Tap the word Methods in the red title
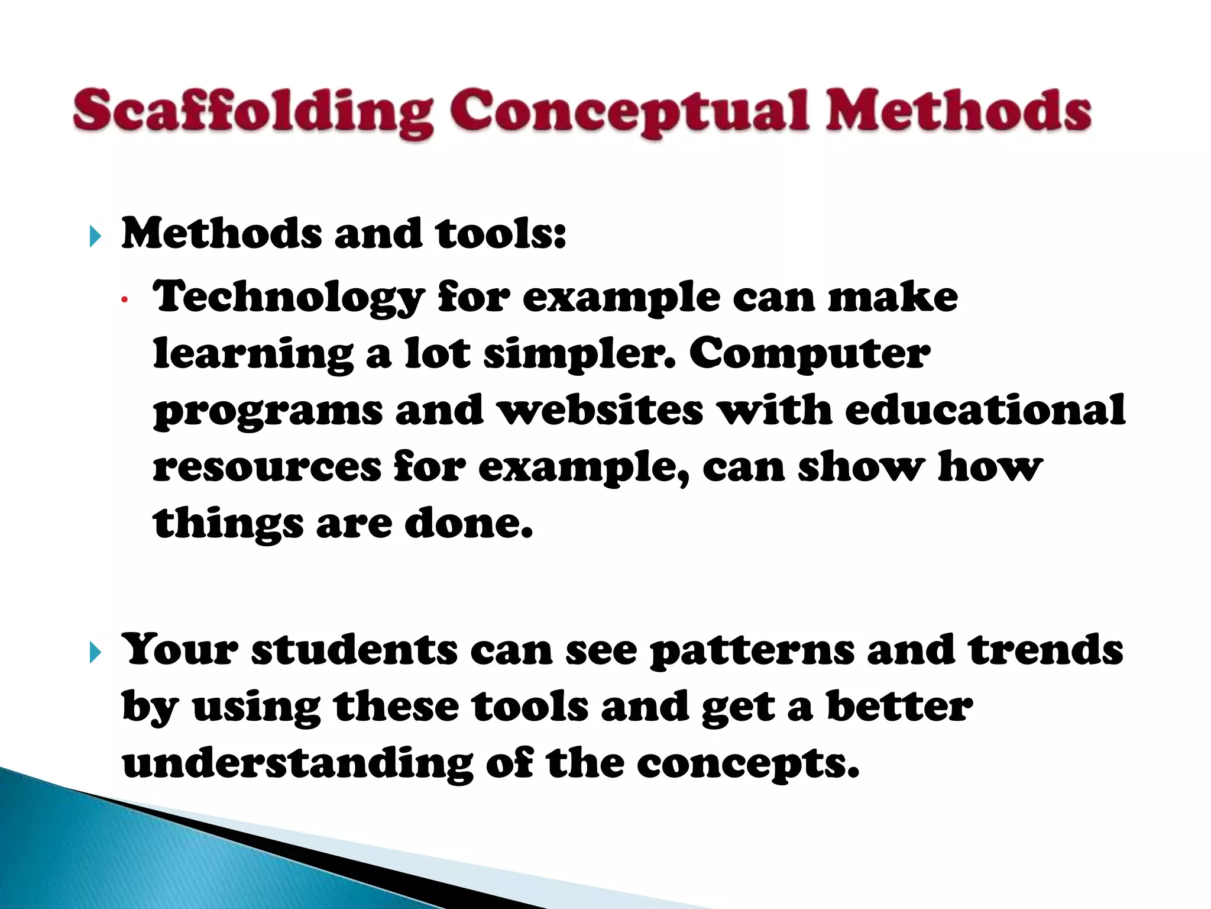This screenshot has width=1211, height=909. pyautogui.click(x=958, y=111)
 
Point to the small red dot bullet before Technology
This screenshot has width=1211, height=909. pyautogui.click(x=124, y=300)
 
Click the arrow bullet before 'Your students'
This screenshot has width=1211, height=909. pyautogui.click(x=95, y=653)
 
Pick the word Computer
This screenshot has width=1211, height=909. pyautogui.click(x=810, y=354)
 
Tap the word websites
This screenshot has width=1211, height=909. pyautogui.click(x=601, y=410)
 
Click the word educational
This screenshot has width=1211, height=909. pyautogui.click(x=985, y=410)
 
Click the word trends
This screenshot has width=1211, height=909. pyautogui.click(x=1045, y=650)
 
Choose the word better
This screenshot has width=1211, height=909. pyautogui.click(x=899, y=707)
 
